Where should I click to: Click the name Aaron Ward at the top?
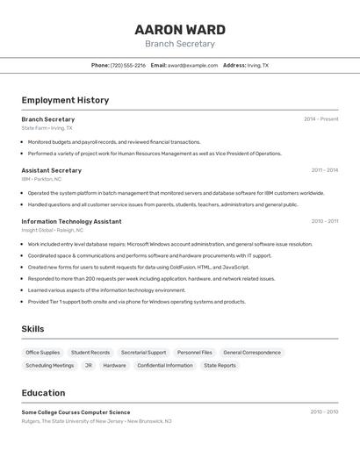(x=179, y=30)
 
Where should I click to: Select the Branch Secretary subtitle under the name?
(x=179, y=44)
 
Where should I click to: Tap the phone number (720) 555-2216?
(x=128, y=65)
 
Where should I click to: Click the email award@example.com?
(x=192, y=65)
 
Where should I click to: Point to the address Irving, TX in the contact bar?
(x=258, y=65)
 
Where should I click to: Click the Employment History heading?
(x=65, y=100)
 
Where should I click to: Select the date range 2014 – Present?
(x=320, y=119)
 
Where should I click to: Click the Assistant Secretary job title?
(x=51, y=170)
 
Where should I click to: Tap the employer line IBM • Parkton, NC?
(x=41, y=179)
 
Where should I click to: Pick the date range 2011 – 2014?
(x=324, y=170)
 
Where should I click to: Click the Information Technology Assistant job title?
(x=71, y=221)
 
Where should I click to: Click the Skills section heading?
(x=32, y=329)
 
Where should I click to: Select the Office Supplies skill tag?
(x=43, y=353)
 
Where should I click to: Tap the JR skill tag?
(x=89, y=365)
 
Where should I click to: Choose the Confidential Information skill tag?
(x=165, y=365)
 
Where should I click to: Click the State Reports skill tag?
(x=220, y=365)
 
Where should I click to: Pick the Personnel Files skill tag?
(x=195, y=353)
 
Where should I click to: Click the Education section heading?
(x=43, y=393)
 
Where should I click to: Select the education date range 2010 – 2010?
(x=324, y=411)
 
